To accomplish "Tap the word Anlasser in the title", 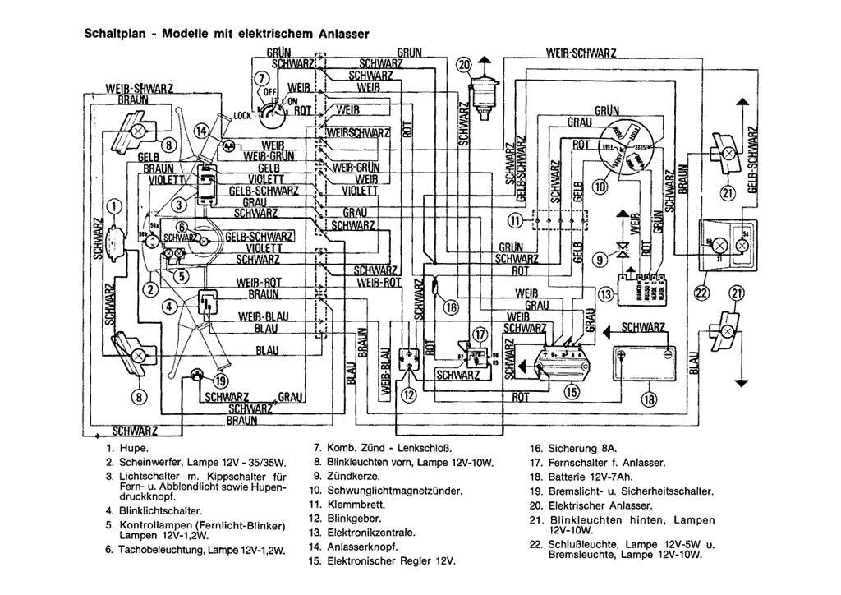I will (x=340, y=34).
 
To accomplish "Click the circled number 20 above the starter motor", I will (x=465, y=65).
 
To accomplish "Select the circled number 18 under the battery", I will (x=650, y=399).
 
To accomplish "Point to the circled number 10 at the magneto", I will (x=600, y=187).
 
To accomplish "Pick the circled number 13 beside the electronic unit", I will (x=606, y=294).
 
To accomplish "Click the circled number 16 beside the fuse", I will (x=450, y=307).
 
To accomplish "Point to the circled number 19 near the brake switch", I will (x=219, y=381).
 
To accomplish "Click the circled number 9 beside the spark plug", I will (x=600, y=257).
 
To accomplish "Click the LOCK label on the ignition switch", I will (x=242, y=117).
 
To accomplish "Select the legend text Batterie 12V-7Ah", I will (x=581, y=477).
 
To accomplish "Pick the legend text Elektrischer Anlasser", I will (x=600, y=505).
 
